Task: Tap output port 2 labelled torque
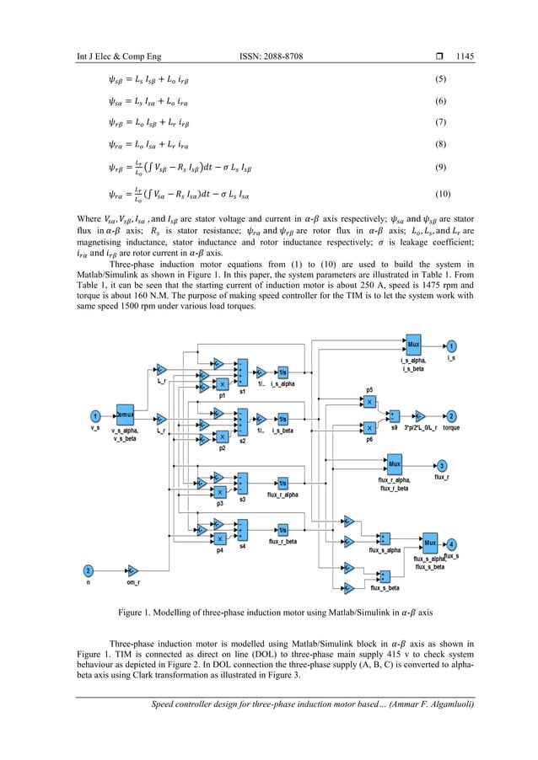pyautogui.click(x=452, y=415)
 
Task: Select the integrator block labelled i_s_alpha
pyautogui.click(x=283, y=372)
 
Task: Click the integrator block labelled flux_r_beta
pyautogui.click(x=283, y=529)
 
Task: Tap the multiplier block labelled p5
pyautogui.click(x=369, y=403)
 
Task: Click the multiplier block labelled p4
pyautogui.click(x=219, y=539)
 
